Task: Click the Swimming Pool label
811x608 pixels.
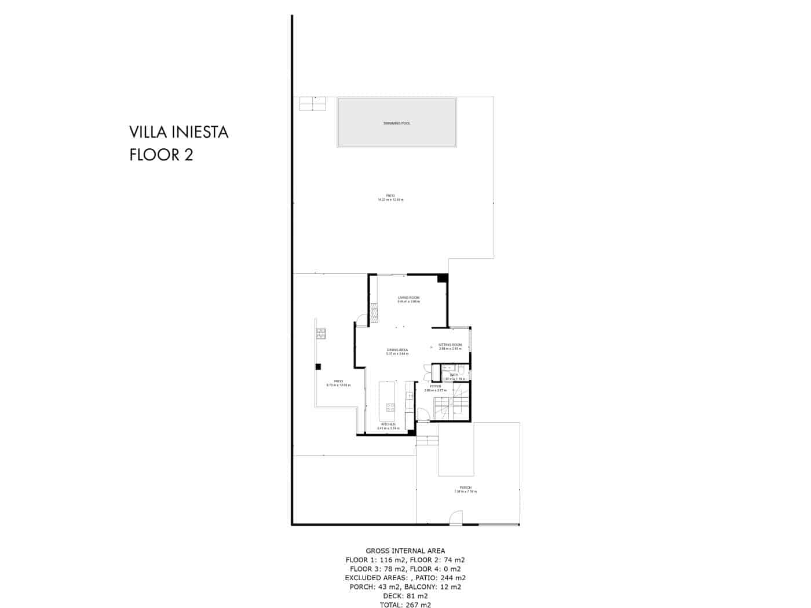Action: [x=397, y=123]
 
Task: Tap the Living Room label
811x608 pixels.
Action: [x=408, y=298]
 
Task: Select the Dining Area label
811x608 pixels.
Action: [x=397, y=350]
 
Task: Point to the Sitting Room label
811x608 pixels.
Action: [x=450, y=345]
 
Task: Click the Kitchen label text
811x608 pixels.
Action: [x=388, y=424]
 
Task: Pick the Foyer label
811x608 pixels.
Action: [x=436, y=386]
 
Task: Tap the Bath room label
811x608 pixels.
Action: [x=454, y=375]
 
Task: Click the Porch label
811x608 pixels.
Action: [x=466, y=488]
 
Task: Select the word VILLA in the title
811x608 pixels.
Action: [x=149, y=133]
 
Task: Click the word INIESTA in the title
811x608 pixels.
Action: [x=200, y=133]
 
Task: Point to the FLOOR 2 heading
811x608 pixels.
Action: [x=161, y=155]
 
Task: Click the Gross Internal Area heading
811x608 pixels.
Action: [x=405, y=551]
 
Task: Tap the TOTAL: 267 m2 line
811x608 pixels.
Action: [x=405, y=605]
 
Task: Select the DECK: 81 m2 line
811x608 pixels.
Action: [x=405, y=595]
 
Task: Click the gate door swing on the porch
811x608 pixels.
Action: [x=456, y=518]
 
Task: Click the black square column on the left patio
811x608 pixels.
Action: [x=318, y=366]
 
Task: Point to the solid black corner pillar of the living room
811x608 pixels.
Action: [x=443, y=279]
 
